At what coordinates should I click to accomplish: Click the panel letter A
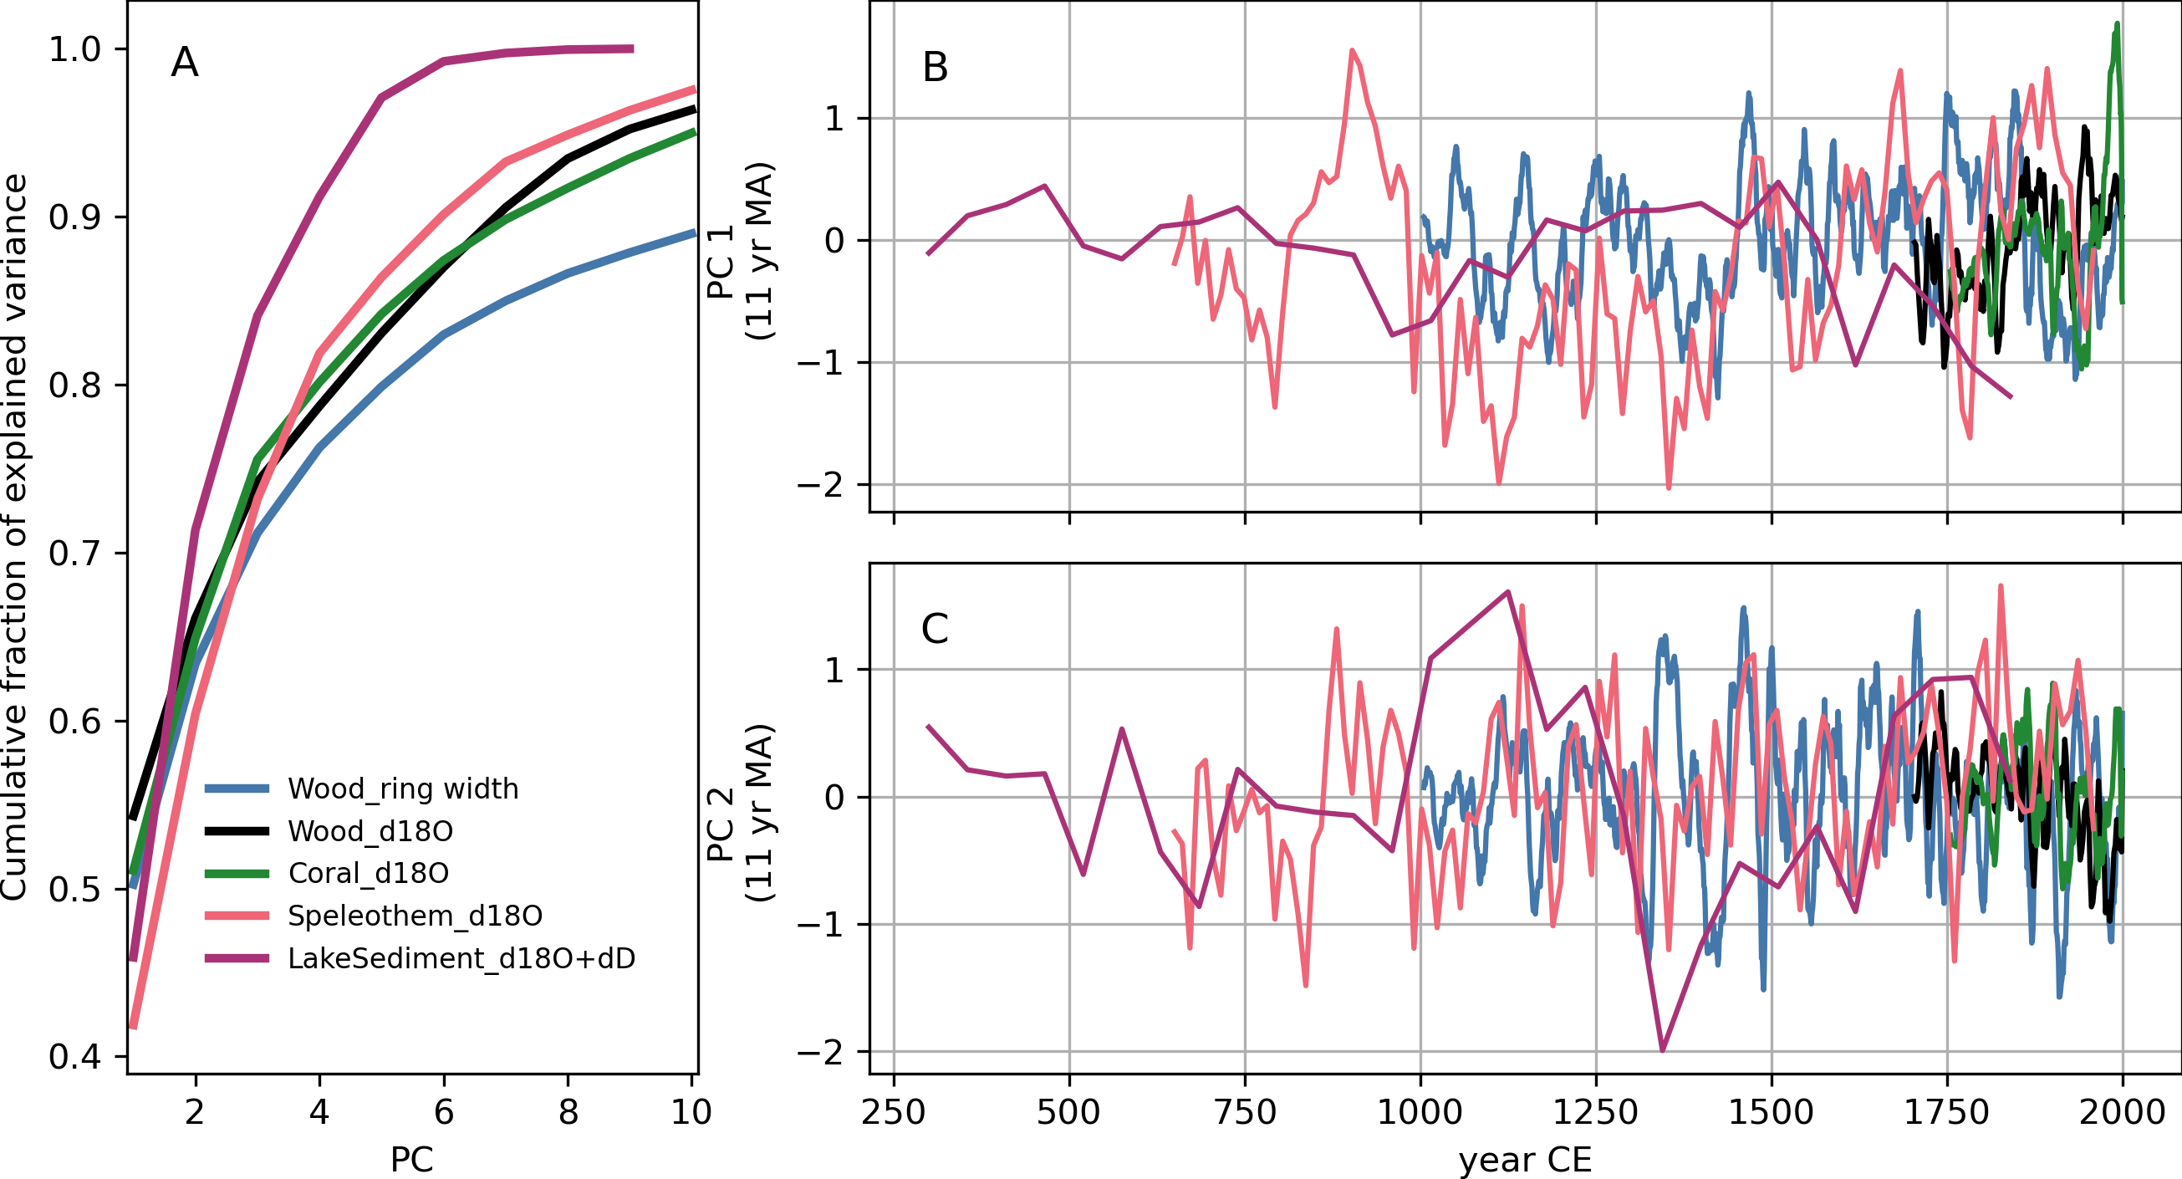tap(185, 63)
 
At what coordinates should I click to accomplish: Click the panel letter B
tap(936, 68)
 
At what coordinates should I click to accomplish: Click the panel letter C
tap(935, 630)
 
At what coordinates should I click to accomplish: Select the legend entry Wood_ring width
tap(402, 789)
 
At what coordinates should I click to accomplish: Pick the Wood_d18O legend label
tap(370, 832)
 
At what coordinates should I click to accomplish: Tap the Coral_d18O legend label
tap(368, 873)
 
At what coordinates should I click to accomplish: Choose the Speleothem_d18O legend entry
tap(414, 916)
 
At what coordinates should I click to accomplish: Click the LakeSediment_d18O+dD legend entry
tap(461, 959)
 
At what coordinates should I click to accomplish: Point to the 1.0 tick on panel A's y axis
tap(74, 50)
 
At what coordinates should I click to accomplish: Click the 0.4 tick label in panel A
tap(74, 1057)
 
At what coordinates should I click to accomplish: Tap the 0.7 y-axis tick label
tap(74, 554)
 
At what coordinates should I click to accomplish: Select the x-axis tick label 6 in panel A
tap(444, 1112)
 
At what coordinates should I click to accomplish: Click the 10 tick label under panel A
tap(691, 1112)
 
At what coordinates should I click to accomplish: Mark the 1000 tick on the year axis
tap(1420, 1112)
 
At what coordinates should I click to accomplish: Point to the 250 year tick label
tap(894, 1112)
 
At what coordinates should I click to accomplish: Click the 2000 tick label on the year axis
tap(2123, 1112)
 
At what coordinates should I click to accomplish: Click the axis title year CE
tap(1526, 1160)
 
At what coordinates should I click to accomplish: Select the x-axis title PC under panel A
tap(411, 1160)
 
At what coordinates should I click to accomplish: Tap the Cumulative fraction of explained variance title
tap(15, 537)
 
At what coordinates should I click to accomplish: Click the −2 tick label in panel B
tap(820, 485)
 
